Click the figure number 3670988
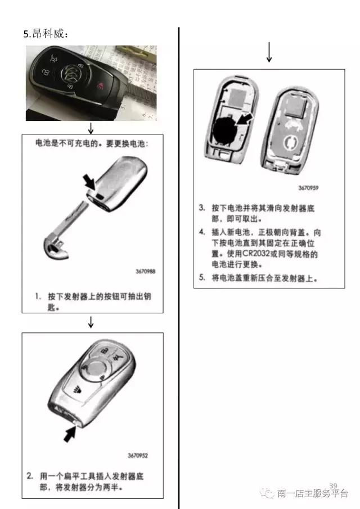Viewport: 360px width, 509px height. pos(145,271)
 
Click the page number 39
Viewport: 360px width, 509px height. pos(332,485)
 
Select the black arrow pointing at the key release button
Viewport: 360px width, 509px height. pos(89,181)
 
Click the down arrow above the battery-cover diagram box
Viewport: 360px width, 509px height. pos(269,52)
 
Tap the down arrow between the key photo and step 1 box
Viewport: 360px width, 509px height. pos(91,128)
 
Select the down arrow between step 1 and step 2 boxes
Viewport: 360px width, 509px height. pos(91,322)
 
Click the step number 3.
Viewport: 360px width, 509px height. pos(202,208)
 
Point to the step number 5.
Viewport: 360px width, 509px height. pos(202,277)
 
